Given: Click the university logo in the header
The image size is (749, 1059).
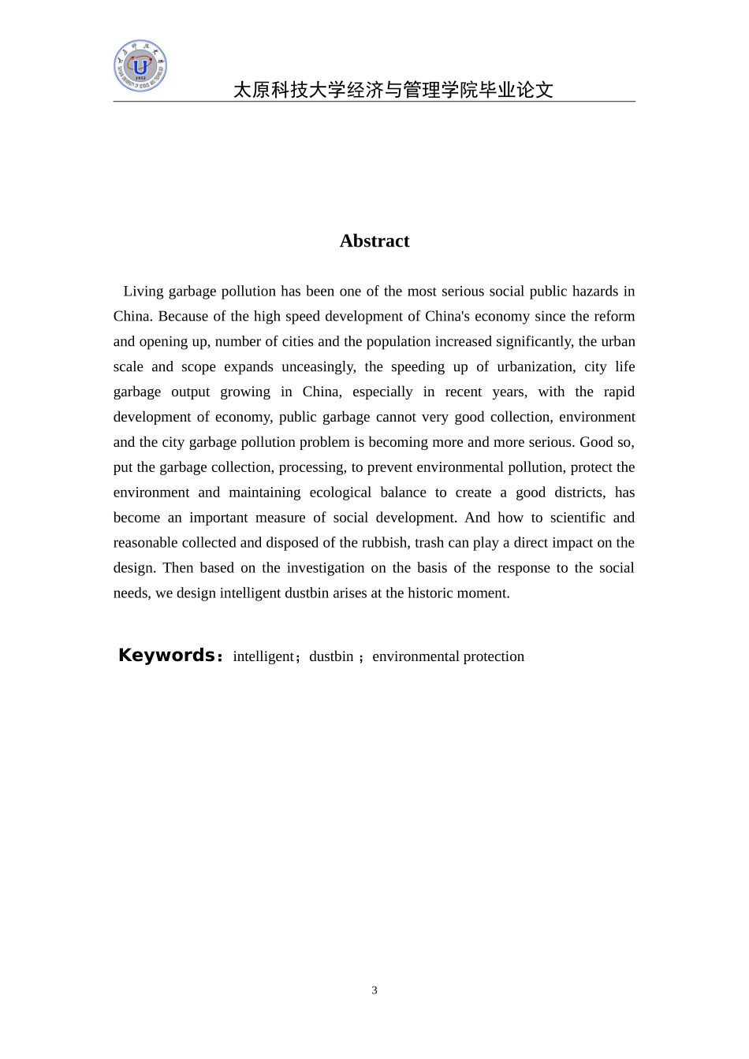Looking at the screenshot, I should coord(140,66).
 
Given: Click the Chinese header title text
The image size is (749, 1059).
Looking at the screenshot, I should coord(393,90).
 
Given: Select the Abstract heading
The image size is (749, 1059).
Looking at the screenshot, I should coord(374,241).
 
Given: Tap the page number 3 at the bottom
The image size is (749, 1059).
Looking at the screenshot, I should coord(374,990).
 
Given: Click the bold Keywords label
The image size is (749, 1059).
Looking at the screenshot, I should coord(166,656).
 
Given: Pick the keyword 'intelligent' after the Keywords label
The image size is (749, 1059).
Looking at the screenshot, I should coord(263,656).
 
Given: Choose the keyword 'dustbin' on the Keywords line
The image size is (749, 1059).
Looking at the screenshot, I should coord(331,656).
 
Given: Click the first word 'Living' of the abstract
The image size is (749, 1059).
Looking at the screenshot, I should coord(143,292).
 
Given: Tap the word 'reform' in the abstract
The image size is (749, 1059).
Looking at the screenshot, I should coord(614,317).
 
